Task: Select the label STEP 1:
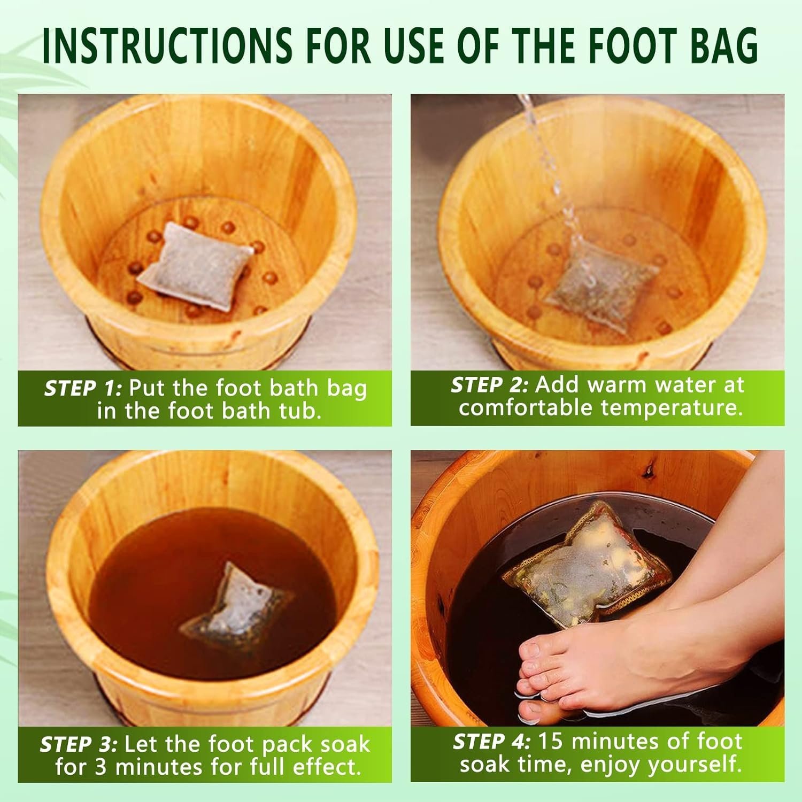click(x=83, y=388)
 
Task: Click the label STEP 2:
click(x=490, y=385)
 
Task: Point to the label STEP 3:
click(x=79, y=744)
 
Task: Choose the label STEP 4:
click(x=492, y=742)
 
